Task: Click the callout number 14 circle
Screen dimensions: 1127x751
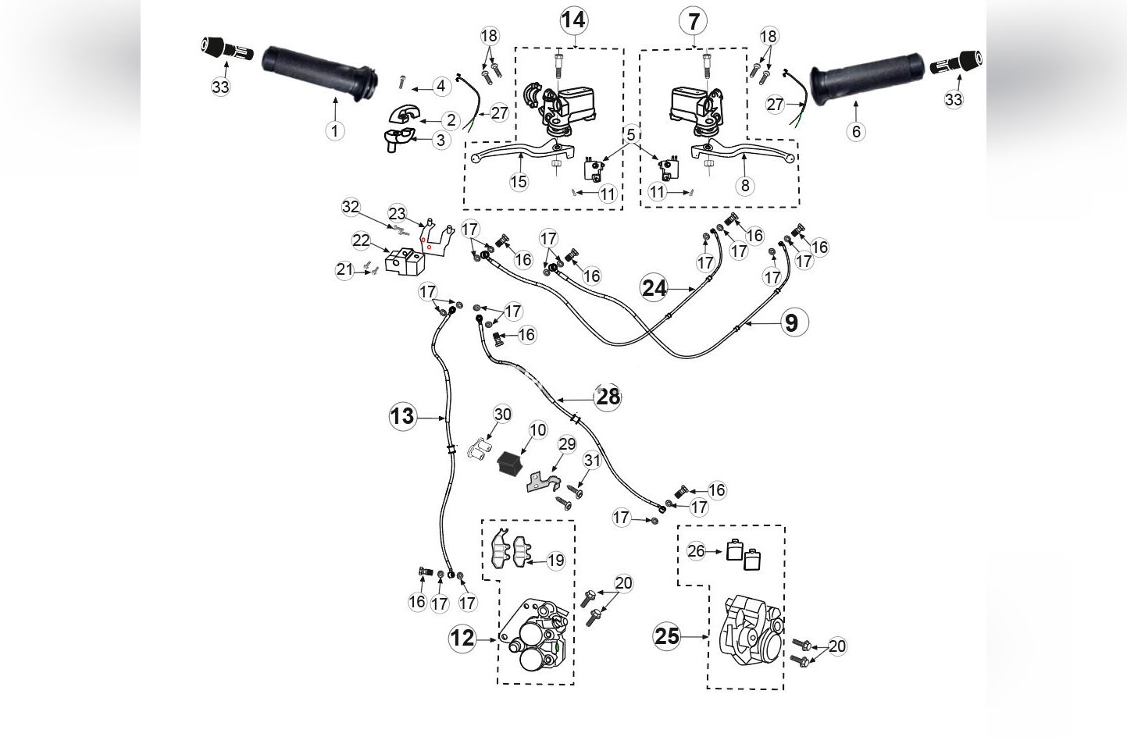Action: point(573,20)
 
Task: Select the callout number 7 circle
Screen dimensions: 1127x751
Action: point(694,21)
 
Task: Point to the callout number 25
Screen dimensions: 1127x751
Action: point(667,636)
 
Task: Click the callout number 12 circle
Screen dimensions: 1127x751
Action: point(462,638)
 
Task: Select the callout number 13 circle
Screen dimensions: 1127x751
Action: point(402,416)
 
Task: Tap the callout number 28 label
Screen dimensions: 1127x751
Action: point(608,397)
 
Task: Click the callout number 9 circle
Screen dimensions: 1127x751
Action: point(791,322)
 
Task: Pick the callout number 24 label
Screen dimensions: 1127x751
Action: point(654,288)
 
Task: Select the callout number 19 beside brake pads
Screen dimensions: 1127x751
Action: point(555,561)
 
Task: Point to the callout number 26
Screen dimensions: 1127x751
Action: point(696,551)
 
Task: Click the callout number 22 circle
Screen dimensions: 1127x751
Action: point(361,240)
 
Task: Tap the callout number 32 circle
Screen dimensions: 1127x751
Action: point(351,207)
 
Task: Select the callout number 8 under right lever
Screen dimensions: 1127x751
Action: point(744,185)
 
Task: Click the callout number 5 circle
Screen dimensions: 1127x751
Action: point(631,136)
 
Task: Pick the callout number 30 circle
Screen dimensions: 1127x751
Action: point(502,414)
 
